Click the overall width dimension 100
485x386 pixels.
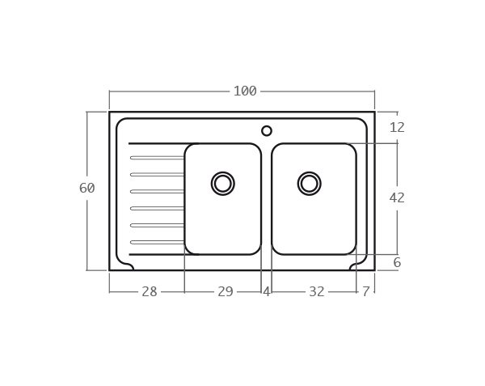click(244, 91)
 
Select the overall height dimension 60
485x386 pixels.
click(86, 189)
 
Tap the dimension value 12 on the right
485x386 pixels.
click(397, 128)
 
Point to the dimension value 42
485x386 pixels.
click(397, 198)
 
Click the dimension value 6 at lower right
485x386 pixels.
click(397, 263)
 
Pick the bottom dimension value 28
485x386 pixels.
click(150, 292)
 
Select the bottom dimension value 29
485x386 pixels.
click(225, 292)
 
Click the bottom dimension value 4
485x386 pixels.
click(266, 292)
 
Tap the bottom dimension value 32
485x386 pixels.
click(316, 292)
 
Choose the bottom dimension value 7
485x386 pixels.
click(366, 292)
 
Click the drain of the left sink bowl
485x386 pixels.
click(223, 184)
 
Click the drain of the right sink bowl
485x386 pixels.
click(309, 184)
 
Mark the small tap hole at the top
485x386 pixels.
click(267, 131)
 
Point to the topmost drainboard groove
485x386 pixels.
click(157, 158)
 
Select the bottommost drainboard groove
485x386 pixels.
click(157, 242)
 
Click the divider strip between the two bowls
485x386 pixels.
click(266, 199)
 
